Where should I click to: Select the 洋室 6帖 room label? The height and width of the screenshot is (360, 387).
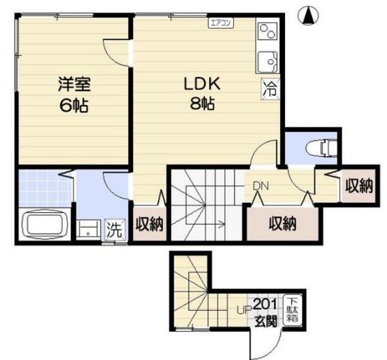coord(73,94)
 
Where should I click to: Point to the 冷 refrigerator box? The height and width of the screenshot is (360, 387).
coord(269,89)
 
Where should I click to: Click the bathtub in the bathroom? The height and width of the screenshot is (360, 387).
coord(46,225)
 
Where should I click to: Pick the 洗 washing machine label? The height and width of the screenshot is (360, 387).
coord(114,230)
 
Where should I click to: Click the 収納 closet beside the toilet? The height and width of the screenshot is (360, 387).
coord(359,185)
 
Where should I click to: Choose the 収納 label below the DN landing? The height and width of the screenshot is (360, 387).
coord(283,223)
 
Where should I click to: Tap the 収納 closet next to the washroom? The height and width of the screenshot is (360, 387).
coord(149,223)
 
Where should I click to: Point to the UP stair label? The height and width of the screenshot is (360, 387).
coord(241,310)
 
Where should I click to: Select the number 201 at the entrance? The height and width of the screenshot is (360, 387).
coord(265,304)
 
